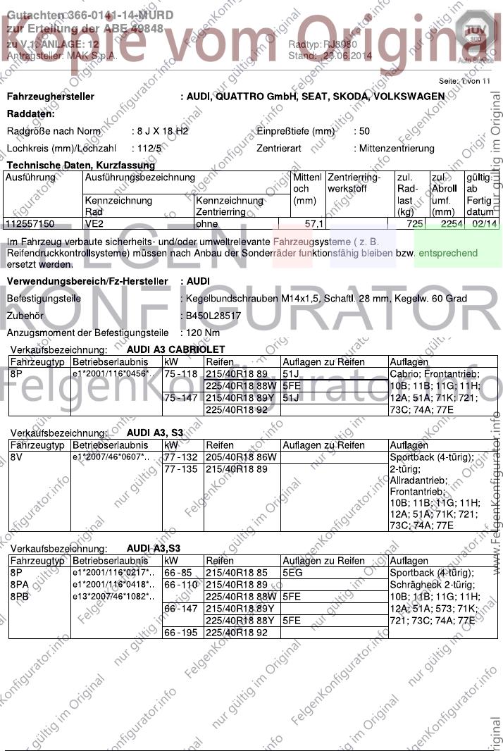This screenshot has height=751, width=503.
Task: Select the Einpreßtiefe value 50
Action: (x=364, y=131)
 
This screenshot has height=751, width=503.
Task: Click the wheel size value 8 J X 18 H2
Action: (x=161, y=131)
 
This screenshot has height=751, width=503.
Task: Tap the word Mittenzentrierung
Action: (x=397, y=149)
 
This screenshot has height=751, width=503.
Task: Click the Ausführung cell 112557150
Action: (x=30, y=224)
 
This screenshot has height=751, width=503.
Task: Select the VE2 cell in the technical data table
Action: (x=94, y=224)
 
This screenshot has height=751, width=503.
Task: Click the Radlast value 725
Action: (x=415, y=224)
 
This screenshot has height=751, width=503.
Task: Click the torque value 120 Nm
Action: (x=204, y=333)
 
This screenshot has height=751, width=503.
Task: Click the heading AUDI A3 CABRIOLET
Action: (x=176, y=349)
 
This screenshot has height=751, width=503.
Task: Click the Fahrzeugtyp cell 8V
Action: (x=17, y=457)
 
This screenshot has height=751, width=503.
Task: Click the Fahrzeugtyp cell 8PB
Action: (x=20, y=596)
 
